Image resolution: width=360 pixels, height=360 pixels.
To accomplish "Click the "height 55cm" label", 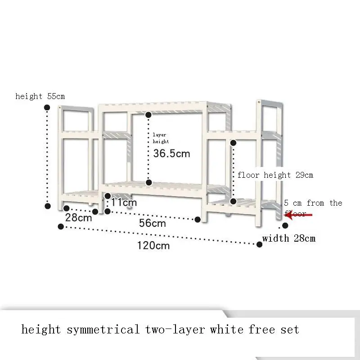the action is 40,96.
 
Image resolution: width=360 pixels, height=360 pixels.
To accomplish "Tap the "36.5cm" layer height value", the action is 171,154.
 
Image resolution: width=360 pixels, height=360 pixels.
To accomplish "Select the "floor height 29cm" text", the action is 275,175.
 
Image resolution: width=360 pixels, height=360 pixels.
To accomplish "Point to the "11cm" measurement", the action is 124,202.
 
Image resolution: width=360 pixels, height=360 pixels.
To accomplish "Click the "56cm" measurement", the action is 152,223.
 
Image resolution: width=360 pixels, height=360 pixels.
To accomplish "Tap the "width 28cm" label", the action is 288,238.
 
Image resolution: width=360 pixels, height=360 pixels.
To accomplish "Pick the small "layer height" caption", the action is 160,138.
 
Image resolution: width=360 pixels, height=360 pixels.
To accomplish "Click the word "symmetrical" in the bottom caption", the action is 103,330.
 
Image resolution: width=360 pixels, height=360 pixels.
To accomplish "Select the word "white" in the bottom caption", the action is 227,330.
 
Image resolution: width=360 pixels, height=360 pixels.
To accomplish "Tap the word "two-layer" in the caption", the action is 176,330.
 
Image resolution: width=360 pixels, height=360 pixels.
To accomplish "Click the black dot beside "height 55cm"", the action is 47,107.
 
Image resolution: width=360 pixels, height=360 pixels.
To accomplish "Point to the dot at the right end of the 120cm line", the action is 260,244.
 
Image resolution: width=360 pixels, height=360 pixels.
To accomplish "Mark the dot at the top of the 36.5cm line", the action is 148,115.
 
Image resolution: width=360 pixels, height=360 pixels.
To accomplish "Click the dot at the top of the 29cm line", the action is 234,143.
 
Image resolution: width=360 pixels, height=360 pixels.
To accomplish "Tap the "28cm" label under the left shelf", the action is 79,218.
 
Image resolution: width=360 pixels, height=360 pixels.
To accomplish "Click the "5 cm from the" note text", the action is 313,203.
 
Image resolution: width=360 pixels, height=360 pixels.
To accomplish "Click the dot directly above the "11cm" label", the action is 108,196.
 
